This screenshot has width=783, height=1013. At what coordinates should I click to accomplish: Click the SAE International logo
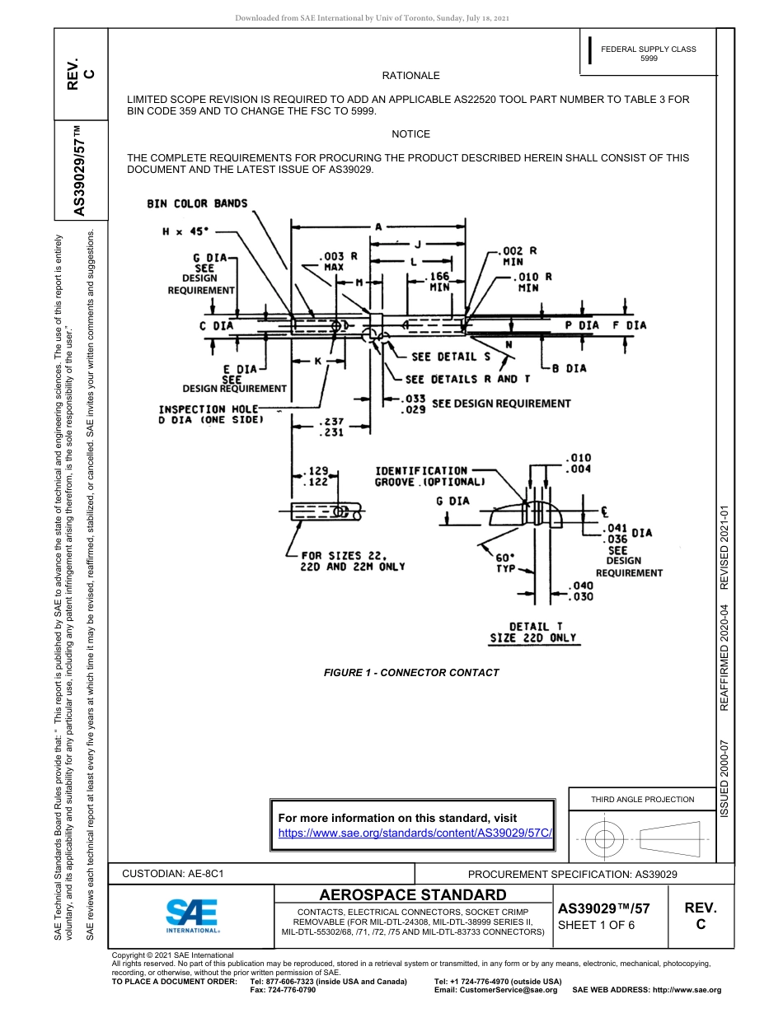click(192, 914)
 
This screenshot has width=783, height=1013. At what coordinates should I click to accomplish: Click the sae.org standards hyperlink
click(415, 833)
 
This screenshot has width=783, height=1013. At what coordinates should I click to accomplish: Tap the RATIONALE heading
click(410, 76)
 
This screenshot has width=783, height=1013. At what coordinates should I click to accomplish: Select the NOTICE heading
click(410, 134)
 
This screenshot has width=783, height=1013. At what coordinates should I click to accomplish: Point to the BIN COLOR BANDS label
click(197, 203)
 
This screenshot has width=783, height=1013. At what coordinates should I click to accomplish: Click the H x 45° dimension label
click(185, 231)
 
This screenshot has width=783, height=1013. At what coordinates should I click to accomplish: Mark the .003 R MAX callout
click(338, 262)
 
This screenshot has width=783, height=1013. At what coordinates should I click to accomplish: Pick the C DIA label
click(216, 325)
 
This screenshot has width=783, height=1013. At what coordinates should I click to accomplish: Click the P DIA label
click(582, 325)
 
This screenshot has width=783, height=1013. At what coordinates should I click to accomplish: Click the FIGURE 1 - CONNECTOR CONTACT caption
click(410, 673)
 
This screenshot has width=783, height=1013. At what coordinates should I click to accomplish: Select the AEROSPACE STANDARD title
click(413, 894)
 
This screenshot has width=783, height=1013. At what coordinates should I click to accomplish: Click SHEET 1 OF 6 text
click(597, 925)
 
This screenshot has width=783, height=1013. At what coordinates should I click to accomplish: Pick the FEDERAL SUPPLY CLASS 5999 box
click(648, 54)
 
